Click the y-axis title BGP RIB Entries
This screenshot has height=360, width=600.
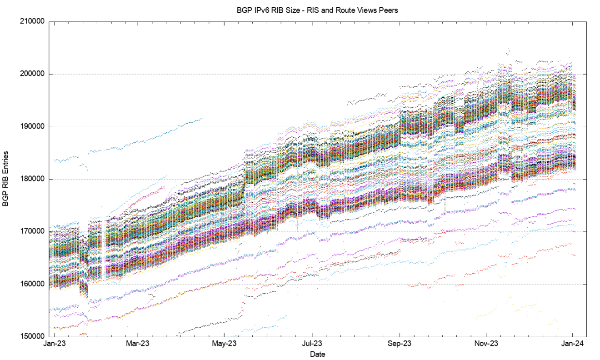6,179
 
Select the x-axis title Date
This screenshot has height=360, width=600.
317,354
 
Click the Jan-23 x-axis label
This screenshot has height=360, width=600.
54,344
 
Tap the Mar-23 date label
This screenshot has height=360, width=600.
138,344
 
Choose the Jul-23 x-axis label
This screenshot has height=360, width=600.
312,344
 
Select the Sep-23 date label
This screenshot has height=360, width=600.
400,344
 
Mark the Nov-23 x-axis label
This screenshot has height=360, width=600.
486,344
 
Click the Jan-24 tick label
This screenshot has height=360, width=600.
573,344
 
